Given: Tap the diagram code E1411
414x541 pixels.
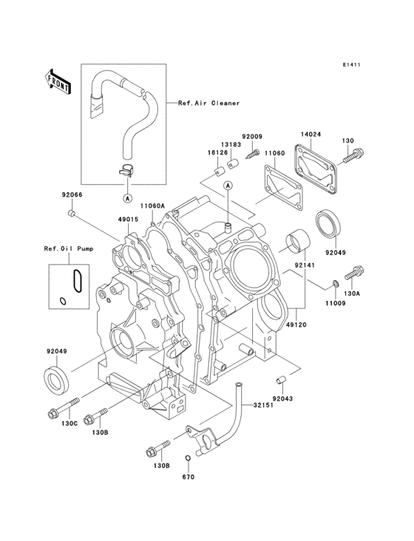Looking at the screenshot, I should [351, 65].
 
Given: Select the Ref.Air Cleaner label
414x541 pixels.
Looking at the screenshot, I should [209, 103].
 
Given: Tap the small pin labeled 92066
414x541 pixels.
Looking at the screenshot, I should [72, 214].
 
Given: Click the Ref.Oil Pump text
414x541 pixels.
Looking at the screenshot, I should [67, 248].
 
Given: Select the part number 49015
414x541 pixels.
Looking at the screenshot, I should [128, 220].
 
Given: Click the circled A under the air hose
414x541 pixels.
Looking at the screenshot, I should [127, 198].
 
